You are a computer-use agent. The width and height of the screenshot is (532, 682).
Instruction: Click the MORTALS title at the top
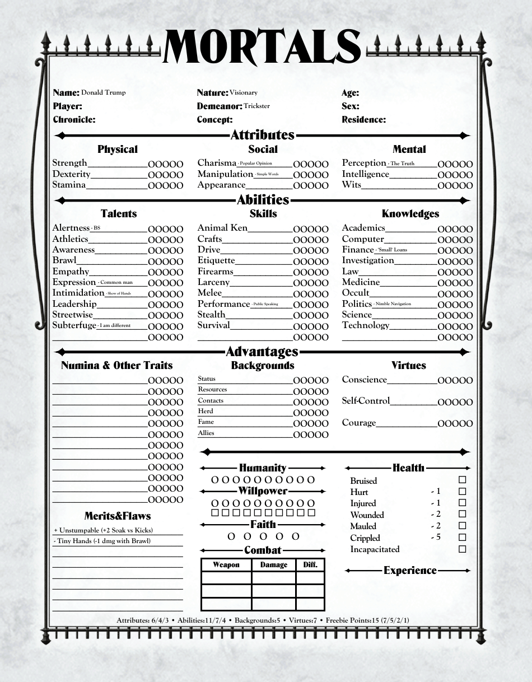click(x=262, y=47)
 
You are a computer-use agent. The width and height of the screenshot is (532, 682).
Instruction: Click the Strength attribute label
click(x=69, y=163)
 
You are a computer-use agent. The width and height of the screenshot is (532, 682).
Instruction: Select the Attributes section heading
click(x=262, y=135)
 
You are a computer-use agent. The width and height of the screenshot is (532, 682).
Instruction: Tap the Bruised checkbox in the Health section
click(x=462, y=480)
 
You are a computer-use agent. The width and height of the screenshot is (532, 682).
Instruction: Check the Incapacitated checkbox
click(x=462, y=549)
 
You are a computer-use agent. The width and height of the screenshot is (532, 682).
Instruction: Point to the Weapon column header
click(x=226, y=565)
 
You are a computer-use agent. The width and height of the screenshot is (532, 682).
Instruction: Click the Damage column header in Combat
click(x=273, y=565)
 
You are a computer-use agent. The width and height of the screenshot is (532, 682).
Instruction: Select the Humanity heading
click(x=262, y=468)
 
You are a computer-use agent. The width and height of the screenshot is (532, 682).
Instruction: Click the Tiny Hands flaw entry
click(x=104, y=541)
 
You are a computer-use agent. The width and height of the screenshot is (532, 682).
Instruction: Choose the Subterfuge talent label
click(x=74, y=325)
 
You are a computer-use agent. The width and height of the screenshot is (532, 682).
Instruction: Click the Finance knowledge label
click(x=358, y=250)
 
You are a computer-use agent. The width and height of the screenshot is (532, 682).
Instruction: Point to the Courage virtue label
click(x=359, y=423)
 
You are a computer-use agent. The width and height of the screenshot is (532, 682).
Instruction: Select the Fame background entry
click(x=206, y=422)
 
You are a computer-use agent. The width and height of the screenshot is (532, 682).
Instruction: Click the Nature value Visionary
click(x=243, y=92)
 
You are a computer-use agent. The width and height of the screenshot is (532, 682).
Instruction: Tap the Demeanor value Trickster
click(x=256, y=106)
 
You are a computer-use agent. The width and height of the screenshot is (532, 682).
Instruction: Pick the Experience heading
click(x=409, y=571)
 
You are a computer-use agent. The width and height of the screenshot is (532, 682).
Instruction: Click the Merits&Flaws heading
click(x=118, y=516)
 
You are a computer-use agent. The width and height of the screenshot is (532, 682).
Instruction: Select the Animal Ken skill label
click(x=222, y=228)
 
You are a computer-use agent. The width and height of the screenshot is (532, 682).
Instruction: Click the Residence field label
click(x=363, y=119)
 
